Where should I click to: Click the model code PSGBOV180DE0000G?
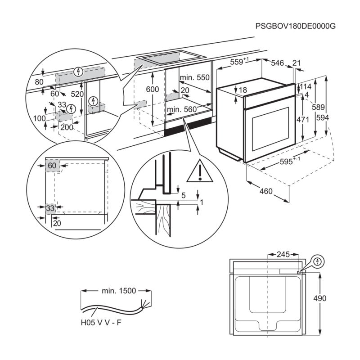click(x=296, y=27)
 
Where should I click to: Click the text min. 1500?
click(x=118, y=291)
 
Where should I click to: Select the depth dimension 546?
click(x=278, y=63)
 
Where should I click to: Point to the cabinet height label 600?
click(x=153, y=90)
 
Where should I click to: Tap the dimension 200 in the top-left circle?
click(x=67, y=127)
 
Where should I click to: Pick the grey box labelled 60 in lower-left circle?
click(x=52, y=166)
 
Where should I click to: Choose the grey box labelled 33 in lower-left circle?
click(x=51, y=207)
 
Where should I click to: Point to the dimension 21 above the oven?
click(x=296, y=63)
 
